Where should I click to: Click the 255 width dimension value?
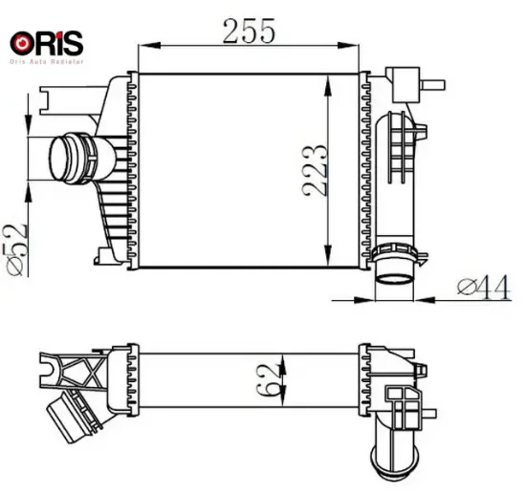pos(250,31)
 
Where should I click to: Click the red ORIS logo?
pos(46,43)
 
